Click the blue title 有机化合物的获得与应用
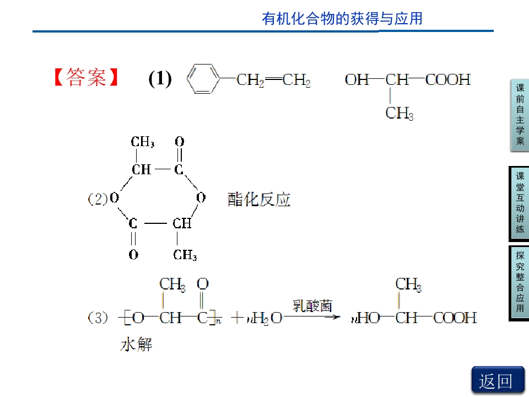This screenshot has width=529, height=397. point(342,19)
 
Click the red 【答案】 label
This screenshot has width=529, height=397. point(86,77)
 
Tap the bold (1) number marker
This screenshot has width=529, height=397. point(160,78)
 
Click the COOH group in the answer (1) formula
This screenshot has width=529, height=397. point(448,79)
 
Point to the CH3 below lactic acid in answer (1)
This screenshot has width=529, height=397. point(400,113)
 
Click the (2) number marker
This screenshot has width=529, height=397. point(98,198)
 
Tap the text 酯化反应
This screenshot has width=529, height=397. point(259,199)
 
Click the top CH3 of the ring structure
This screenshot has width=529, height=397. point(143,142)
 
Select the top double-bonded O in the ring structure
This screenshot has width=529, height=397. point(180,142)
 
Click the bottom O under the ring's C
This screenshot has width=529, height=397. point(133,254)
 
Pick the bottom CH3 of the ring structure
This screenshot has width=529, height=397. point(185,255)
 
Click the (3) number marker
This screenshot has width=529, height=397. point(98,318)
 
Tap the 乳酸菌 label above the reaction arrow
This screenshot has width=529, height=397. point(312,306)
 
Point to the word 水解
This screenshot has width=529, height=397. point(136,345)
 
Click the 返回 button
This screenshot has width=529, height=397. point(498,380)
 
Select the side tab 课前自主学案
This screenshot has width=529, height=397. point(520,115)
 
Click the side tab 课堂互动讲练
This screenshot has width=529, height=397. point(520,203)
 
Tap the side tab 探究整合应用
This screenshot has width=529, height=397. point(520,282)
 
